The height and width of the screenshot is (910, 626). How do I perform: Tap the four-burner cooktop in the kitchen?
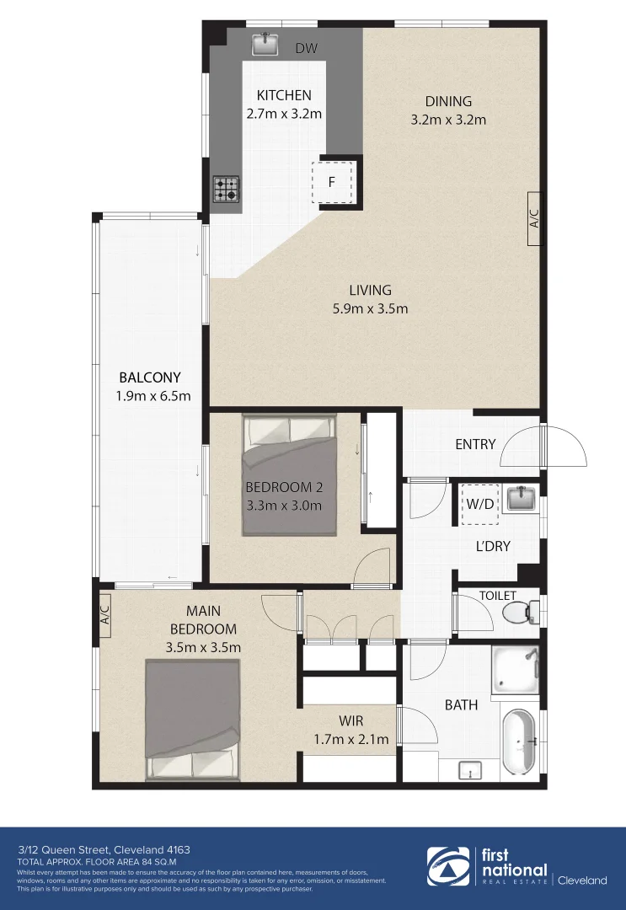(226, 188)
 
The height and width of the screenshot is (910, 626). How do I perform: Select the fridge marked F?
(331, 182)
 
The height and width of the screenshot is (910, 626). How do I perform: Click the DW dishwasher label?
(306, 49)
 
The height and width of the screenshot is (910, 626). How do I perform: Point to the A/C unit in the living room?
(534, 221)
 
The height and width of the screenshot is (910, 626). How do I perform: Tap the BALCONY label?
(149, 377)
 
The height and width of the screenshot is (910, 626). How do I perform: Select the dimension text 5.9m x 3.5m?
(370, 308)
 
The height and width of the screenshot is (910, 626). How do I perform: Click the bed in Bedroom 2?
(290, 475)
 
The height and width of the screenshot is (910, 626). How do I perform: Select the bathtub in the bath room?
(519, 741)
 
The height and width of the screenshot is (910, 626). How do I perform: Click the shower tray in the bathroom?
(515, 671)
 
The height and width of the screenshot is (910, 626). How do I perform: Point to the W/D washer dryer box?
(479, 506)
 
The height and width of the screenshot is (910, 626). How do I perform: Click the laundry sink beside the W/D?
(522, 499)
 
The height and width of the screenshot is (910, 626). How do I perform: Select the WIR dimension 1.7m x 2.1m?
(351, 740)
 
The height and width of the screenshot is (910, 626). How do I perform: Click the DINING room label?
(447, 102)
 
